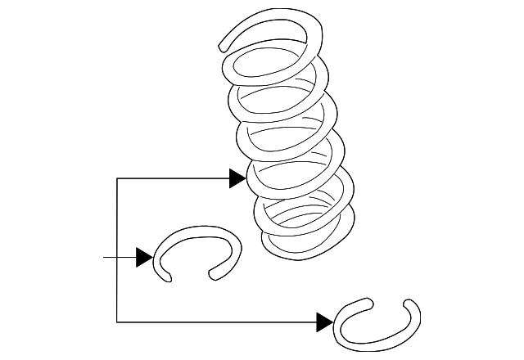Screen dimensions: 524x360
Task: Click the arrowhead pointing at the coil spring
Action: pyautogui.click(x=237, y=178)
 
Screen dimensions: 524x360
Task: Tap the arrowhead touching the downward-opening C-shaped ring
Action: pyautogui.click(x=144, y=258)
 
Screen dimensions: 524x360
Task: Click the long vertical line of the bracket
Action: pyautogui.click(x=117, y=245)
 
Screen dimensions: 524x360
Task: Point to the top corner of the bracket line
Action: pyautogui.click(x=117, y=178)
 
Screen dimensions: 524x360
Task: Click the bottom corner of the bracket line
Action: pyautogui.click(x=117, y=321)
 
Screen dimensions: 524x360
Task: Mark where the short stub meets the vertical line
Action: pyautogui.click(x=117, y=258)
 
